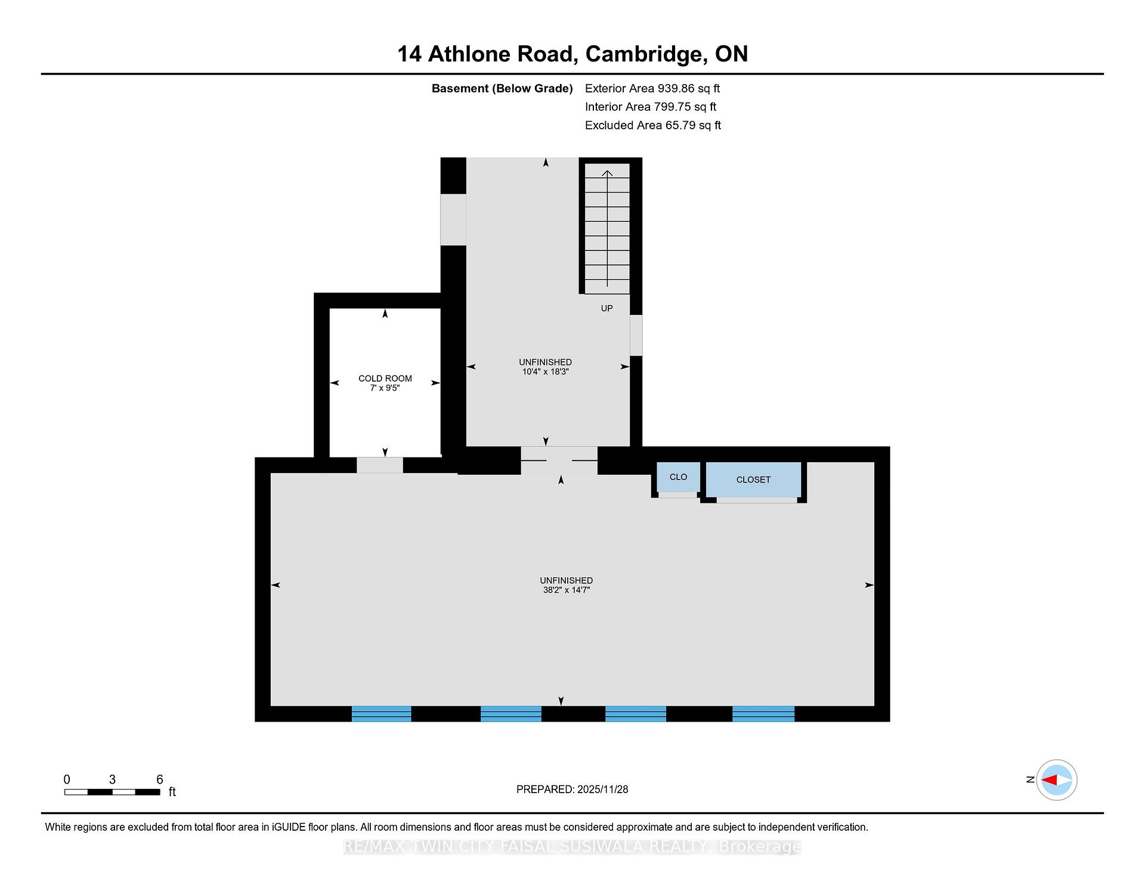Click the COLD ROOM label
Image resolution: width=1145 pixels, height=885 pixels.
point(385,378)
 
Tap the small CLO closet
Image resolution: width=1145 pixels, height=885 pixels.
point(678,477)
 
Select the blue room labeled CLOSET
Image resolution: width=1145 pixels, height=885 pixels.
point(753,479)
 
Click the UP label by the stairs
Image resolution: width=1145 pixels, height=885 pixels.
point(606,308)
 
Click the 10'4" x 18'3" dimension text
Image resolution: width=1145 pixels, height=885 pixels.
point(545,372)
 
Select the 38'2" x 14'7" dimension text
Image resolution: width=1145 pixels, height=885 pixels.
point(565,590)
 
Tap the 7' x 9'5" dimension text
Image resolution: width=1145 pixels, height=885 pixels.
point(385,388)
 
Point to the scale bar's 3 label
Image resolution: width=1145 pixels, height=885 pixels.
point(112,779)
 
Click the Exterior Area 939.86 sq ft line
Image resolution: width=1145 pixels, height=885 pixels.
point(652,88)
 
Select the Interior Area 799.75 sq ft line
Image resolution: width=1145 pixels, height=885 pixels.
point(651,107)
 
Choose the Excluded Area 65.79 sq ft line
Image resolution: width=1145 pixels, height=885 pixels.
point(653,125)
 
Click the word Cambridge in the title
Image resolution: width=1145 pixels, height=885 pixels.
point(643,54)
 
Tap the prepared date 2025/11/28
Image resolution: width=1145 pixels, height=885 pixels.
point(602,789)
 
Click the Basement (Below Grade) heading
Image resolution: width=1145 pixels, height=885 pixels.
point(502,89)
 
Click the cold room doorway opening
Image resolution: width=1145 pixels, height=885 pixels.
point(380,465)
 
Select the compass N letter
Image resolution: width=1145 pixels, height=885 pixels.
point(1030,779)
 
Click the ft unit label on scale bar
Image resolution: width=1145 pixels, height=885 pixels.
point(172,792)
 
